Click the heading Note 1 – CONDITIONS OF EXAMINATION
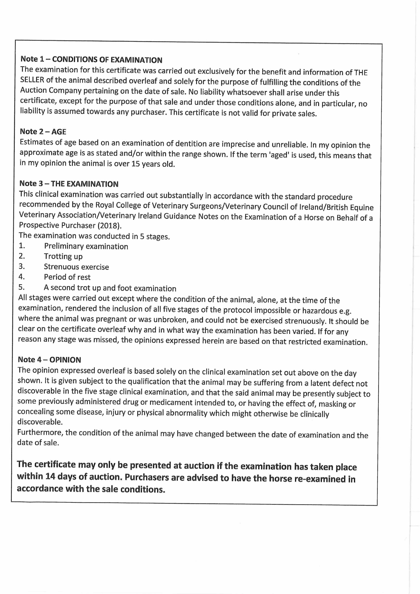(91, 60)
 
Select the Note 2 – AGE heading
(43, 132)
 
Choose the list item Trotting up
(63, 256)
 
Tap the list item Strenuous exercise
(76, 267)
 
